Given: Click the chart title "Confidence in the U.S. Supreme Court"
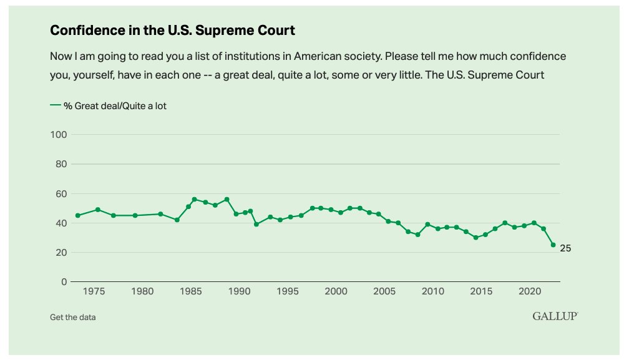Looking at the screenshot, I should point(172,30).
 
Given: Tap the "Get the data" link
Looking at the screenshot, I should point(72,317).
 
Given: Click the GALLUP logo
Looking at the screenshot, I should point(555,316).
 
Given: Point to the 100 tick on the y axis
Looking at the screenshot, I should point(59,135).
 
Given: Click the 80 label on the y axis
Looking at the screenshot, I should point(61,164).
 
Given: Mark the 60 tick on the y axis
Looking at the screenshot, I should point(61,194).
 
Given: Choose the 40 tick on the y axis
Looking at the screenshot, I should point(61,223).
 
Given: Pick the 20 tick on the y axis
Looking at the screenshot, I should point(61,253).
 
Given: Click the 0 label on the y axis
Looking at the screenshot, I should point(64,282).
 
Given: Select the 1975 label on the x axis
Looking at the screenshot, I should point(94,291).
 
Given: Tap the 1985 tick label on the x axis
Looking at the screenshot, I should point(190,291).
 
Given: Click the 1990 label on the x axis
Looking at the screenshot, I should point(239,291).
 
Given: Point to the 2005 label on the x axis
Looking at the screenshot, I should point(384,291).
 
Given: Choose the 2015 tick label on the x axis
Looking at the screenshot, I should point(481,291).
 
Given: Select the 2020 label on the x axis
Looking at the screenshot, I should point(530,291).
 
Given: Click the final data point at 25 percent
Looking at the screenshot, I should point(553,245).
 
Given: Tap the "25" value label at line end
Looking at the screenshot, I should point(565,248).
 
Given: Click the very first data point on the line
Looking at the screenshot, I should point(77,216).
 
